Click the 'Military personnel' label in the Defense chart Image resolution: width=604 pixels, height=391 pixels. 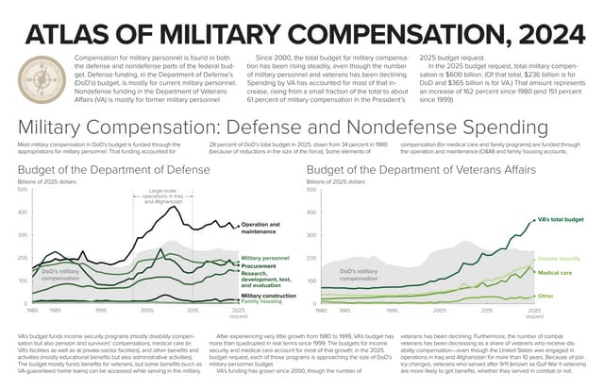266,258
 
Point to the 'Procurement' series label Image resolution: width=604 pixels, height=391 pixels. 259,265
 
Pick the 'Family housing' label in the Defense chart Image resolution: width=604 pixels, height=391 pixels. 261,301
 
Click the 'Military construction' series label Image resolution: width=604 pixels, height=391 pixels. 268,295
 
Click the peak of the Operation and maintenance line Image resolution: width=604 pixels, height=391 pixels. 175,207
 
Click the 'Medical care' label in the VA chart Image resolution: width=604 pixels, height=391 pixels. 555,272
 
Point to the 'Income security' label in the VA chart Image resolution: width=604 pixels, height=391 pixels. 559,258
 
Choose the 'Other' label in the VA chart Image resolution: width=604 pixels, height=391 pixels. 545,296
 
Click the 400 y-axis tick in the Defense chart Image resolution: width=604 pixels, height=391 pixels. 22,212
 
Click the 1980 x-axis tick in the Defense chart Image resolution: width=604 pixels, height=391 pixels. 31,309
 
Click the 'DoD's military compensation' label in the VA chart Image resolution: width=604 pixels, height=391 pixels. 363,275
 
